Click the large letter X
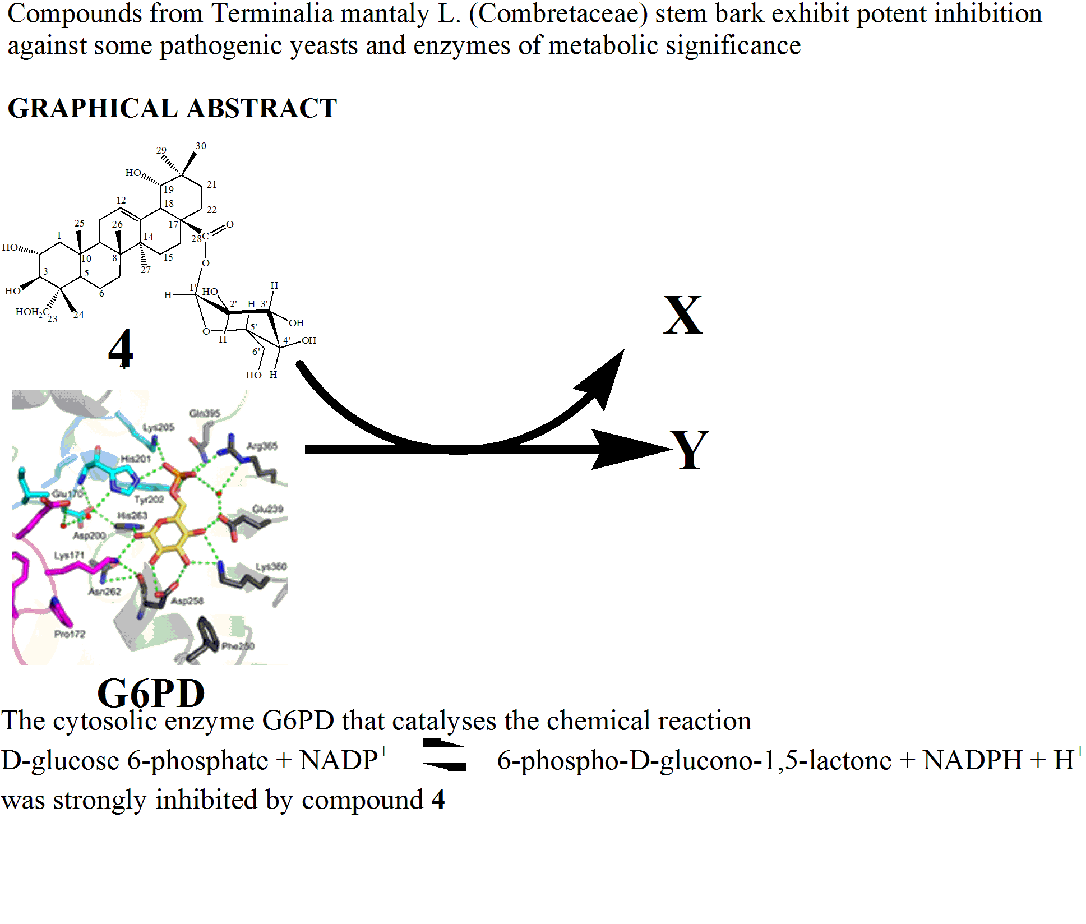pos(682,315)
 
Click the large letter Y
pos(690,450)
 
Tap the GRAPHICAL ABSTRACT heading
pos(172,108)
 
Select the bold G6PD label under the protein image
pos(151,694)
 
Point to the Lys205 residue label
pos(158,427)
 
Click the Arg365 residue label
pos(262,446)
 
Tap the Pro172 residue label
pos(70,634)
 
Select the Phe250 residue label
pos(238,646)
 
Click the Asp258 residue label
pos(187,601)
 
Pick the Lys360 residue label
pos(271,567)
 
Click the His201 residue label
pos(136,459)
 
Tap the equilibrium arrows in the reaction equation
pos(444,755)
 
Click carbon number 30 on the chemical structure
pos(201,146)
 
